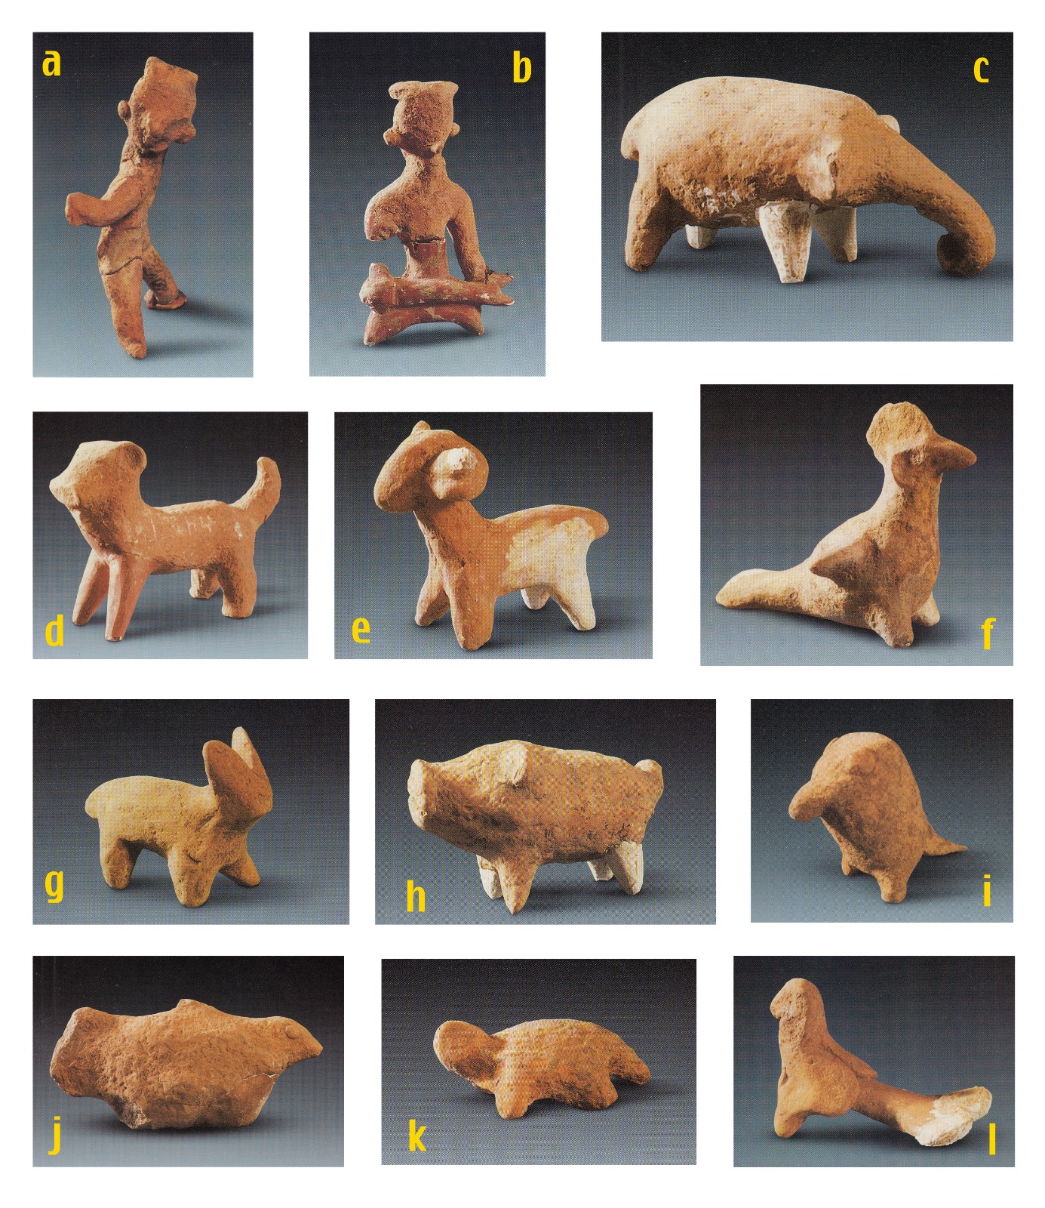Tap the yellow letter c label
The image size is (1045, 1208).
pos(980,69)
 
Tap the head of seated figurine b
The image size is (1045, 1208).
pos(421,117)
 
